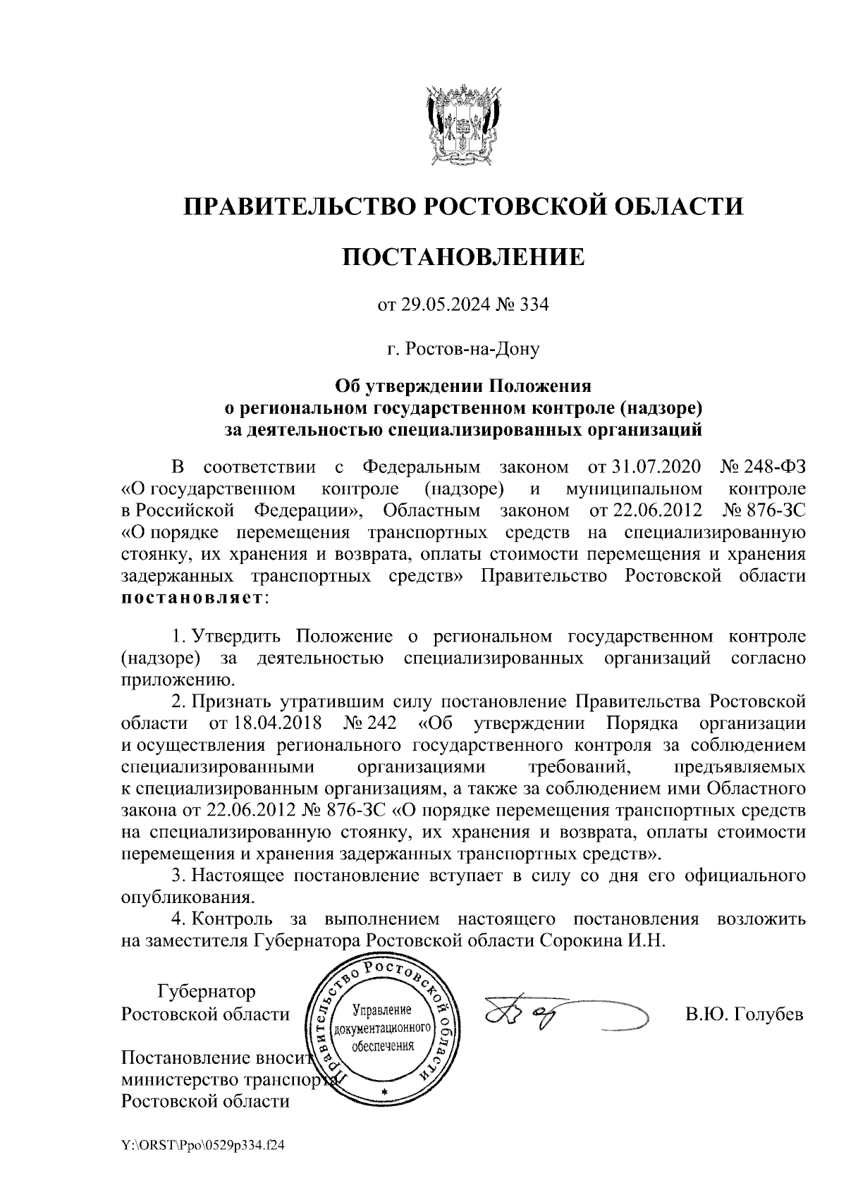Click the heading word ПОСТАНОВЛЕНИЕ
point(463,257)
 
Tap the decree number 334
point(533,305)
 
